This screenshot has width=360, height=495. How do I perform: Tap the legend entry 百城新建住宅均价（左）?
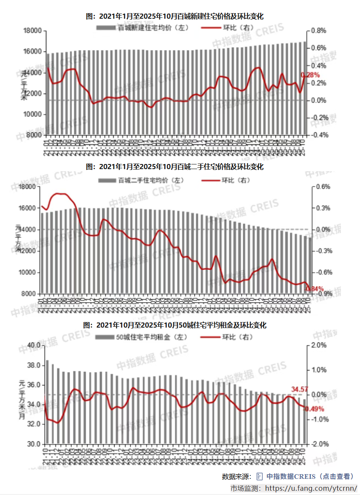click(x=142, y=28)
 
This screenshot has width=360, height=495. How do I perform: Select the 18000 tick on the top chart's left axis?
click(x=32, y=31)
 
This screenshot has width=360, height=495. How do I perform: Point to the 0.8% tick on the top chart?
click(x=319, y=31)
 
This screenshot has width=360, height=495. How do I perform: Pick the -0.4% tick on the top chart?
click(x=319, y=135)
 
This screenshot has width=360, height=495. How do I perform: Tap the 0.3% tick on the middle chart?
click(x=321, y=208)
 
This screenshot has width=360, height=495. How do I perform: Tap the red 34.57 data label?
click(x=300, y=389)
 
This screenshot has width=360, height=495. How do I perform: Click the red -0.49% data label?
click(x=314, y=409)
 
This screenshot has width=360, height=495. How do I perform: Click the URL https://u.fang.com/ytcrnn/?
click(x=311, y=488)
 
